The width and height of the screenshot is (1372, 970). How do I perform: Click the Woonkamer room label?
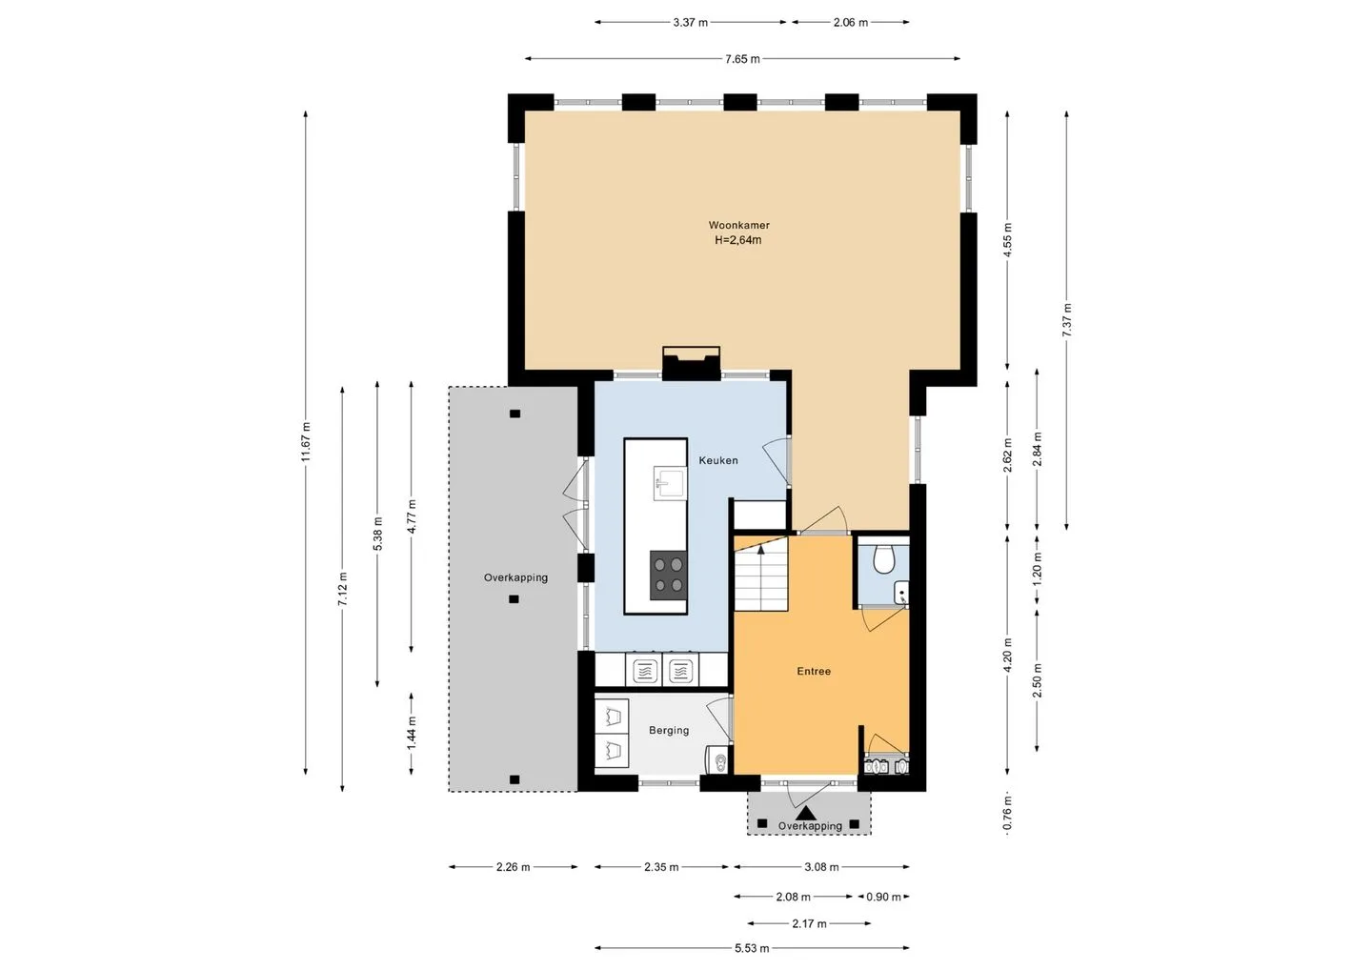point(738,226)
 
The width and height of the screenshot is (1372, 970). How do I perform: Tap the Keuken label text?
point(718,460)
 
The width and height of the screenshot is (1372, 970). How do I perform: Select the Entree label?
point(814,671)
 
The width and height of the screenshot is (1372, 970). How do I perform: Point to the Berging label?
point(669,731)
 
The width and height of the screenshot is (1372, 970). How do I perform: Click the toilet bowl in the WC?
point(883,557)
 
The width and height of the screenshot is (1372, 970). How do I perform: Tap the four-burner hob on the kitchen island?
point(668,575)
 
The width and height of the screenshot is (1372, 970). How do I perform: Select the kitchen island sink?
point(669,483)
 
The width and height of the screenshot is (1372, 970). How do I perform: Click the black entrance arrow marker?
point(806,813)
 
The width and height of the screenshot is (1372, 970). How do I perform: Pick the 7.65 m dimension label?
point(742,59)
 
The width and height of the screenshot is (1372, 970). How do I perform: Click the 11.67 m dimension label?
point(306,441)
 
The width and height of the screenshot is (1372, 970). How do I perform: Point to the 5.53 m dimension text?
point(752,949)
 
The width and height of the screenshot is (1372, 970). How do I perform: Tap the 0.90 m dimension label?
point(883,898)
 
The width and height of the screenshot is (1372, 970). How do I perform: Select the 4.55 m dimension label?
point(1008,241)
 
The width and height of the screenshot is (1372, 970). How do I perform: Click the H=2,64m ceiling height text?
point(738,240)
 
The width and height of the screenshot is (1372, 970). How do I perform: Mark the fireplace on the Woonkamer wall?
point(691,364)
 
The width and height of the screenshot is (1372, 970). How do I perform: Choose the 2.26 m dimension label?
point(513,867)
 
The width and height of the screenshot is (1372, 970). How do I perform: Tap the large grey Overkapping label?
point(515,577)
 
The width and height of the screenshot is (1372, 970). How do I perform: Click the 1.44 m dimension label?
point(413,733)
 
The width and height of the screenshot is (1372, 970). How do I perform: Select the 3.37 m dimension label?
point(690,23)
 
